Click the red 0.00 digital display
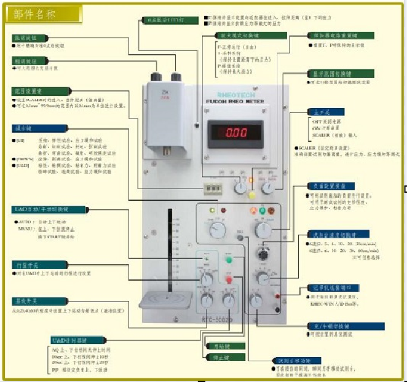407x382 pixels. coord(234,132)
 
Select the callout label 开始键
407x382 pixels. coord(216,346)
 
